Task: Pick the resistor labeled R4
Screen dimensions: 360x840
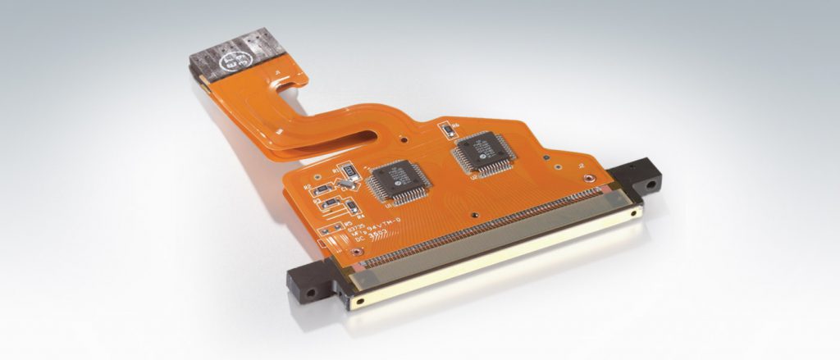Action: point(330,204)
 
